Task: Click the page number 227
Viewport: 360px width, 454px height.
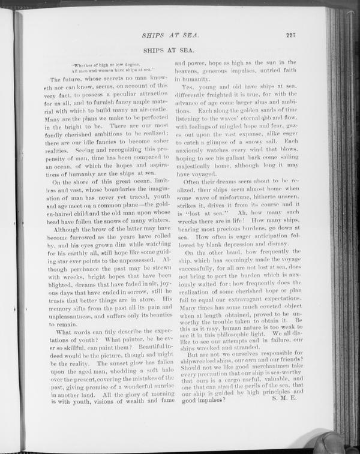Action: click(291, 35)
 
